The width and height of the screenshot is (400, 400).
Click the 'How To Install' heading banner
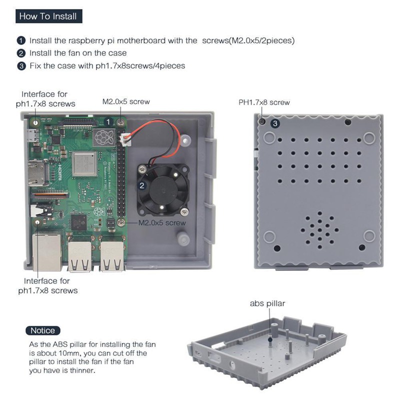(48, 16)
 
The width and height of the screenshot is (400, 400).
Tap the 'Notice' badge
(42, 330)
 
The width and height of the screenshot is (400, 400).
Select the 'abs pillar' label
(267, 303)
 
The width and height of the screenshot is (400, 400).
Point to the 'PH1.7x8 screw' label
(264, 102)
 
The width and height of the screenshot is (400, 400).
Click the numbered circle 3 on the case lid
(275, 123)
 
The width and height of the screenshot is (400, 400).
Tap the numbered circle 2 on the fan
(142, 185)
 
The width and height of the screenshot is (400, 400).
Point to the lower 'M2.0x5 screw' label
(161, 223)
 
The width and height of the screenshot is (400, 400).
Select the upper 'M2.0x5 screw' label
(126, 101)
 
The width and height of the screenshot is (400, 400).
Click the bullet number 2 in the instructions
(21, 53)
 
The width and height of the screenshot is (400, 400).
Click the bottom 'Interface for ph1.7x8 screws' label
(47, 285)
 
